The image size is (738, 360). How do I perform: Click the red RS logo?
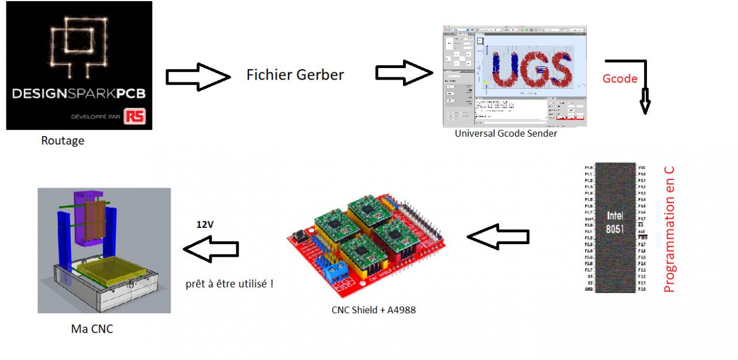(138, 117)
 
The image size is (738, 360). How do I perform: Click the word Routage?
(62, 140)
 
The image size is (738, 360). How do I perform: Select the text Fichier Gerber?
(295, 74)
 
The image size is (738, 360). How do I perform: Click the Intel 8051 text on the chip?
(615, 221)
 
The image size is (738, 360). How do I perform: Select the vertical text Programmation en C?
(669, 230)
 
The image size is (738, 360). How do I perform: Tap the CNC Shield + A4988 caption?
(373, 310)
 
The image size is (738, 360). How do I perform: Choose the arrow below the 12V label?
(210, 250)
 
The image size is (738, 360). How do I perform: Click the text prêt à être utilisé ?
(229, 284)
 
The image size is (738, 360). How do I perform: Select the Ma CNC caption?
(92, 329)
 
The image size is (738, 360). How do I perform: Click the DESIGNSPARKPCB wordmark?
(80, 93)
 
